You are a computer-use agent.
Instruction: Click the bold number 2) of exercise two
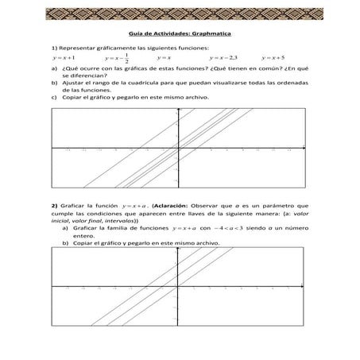coord(55,206)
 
